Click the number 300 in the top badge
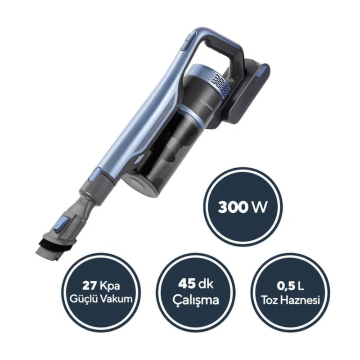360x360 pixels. pos(233,207)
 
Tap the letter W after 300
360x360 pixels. pos(260,207)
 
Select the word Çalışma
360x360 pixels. pos(196,300)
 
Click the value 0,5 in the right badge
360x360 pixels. pos(286,286)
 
